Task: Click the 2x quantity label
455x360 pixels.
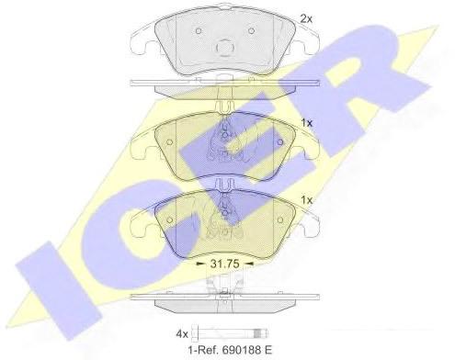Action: point(306,19)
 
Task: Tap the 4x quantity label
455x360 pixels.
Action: point(182,334)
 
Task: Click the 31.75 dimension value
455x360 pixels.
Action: point(224,264)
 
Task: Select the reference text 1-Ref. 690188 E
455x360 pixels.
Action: point(229,350)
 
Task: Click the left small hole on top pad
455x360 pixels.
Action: point(198,31)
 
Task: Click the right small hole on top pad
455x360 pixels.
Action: point(251,30)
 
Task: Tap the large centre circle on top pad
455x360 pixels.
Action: point(225,47)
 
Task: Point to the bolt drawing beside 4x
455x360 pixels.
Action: point(230,332)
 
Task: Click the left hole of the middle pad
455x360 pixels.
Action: point(169,142)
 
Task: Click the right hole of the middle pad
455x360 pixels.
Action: point(279,142)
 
